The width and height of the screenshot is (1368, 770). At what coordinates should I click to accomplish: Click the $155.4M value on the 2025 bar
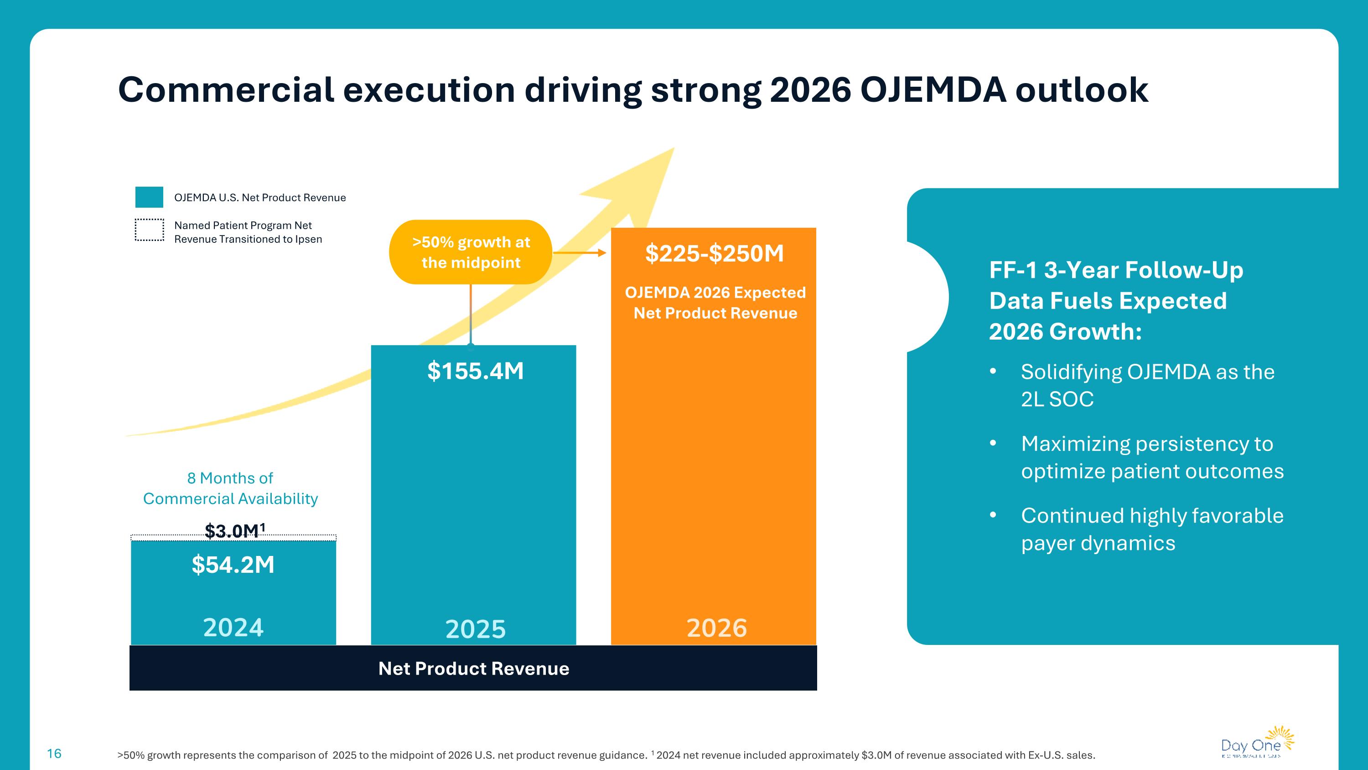[x=475, y=371]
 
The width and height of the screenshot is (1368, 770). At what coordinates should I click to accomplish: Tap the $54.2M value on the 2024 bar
[x=233, y=564]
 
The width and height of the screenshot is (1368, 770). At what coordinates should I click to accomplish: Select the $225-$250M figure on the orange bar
[x=714, y=253]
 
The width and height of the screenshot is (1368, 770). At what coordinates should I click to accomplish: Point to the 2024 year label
[x=233, y=628]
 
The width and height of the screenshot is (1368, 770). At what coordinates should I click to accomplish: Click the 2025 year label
[x=475, y=629]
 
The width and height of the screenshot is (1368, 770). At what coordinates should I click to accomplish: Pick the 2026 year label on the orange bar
[x=716, y=628]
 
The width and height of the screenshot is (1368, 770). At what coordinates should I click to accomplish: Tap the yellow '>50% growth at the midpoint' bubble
[x=471, y=252]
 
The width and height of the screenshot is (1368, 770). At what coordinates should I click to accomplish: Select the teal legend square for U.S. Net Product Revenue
[x=149, y=197]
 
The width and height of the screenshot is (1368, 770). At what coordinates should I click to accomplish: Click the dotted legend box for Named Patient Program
[x=149, y=230]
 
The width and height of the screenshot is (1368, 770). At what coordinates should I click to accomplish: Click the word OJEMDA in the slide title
[x=933, y=89]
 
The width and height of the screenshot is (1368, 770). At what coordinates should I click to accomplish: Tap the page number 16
[x=54, y=754]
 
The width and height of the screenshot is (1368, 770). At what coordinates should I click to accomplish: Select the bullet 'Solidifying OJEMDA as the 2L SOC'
[x=1147, y=385]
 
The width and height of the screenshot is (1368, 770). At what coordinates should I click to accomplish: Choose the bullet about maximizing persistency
[x=1152, y=457]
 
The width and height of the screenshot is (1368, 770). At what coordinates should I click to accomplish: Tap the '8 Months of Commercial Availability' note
[x=230, y=488]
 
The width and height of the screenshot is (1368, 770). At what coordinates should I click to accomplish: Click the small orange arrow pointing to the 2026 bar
[x=580, y=253]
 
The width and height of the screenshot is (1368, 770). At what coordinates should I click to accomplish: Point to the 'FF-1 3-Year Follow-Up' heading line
[x=1116, y=270]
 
